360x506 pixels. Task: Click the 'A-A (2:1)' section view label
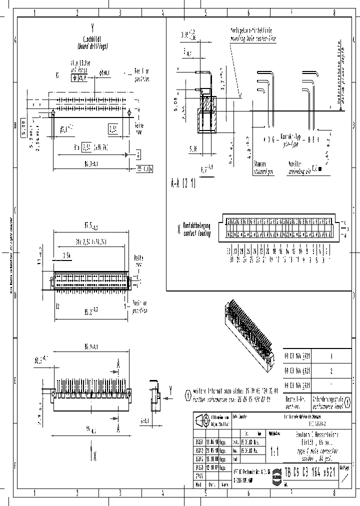click(x=183, y=182)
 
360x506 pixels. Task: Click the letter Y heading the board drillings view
click(x=92, y=29)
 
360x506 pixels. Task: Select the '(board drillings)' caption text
click(x=92, y=46)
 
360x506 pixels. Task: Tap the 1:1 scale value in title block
click(x=274, y=451)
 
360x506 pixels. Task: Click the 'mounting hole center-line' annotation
click(x=252, y=37)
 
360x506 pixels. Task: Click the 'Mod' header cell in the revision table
click(x=198, y=484)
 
